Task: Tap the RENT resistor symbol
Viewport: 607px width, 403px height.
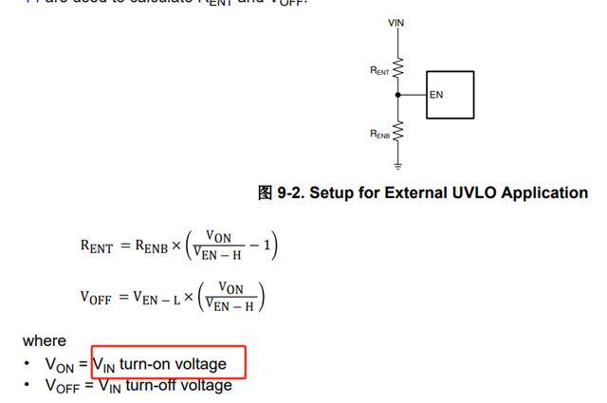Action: [x=397, y=68]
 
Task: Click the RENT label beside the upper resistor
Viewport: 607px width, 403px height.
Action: [x=379, y=70]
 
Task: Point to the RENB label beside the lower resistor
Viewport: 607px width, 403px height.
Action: [x=379, y=135]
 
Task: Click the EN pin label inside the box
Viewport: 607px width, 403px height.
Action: [x=436, y=95]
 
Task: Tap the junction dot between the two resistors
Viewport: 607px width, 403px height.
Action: [x=397, y=95]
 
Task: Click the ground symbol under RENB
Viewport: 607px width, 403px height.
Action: [x=397, y=165]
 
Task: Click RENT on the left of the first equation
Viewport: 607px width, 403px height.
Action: [x=97, y=247]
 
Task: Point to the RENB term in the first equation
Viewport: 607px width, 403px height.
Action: [x=151, y=247]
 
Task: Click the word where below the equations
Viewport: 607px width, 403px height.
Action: [x=45, y=340]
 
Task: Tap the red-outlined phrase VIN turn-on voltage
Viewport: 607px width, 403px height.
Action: [x=169, y=363]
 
